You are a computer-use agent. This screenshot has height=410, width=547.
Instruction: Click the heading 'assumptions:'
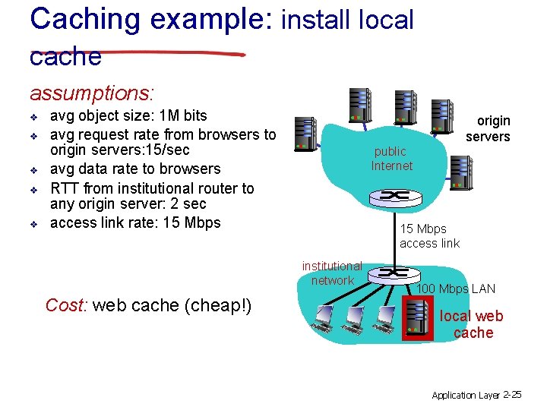coord(92,93)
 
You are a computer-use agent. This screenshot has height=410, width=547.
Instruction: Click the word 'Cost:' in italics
coord(67,305)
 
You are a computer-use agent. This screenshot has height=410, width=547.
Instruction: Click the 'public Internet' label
coord(391,159)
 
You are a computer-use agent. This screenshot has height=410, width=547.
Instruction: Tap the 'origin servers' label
coord(488,128)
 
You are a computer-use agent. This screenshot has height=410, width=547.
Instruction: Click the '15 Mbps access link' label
coord(429,236)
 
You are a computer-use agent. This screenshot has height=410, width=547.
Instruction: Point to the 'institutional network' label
coord(332,273)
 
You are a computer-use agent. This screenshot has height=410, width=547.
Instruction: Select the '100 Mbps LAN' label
coord(456,289)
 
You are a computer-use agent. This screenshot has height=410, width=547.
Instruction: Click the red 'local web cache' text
coord(471,324)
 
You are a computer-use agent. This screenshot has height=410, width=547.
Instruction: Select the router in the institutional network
coord(393,273)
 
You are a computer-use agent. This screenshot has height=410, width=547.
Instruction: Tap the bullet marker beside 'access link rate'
coord(34,224)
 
